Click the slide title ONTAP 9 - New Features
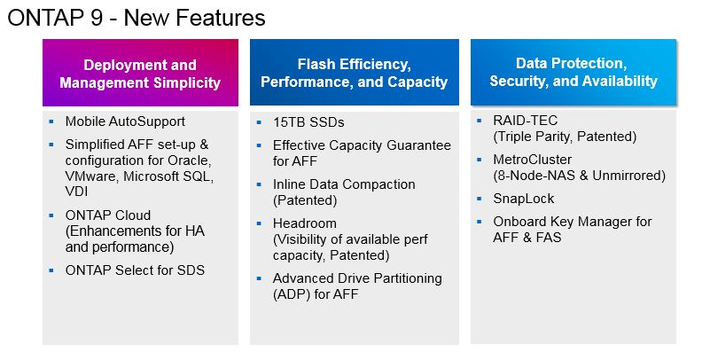coord(136,17)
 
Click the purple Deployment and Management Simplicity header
coord(140,73)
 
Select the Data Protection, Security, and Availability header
coord(573,72)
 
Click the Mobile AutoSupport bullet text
coord(125,121)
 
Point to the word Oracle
coord(193,160)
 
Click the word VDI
coord(77,192)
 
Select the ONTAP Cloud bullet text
coord(108,215)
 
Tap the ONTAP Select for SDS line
coord(135,270)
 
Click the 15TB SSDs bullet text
coord(308,122)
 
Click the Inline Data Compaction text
coord(344,184)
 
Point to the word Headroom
coord(305,223)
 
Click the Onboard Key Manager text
coord(572,222)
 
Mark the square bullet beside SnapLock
coord(479,199)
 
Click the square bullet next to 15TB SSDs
coord(259,122)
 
